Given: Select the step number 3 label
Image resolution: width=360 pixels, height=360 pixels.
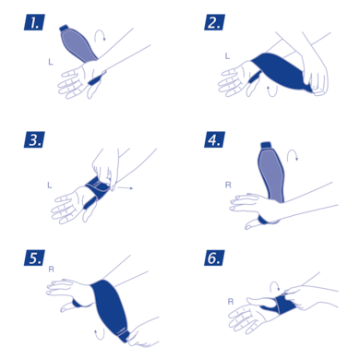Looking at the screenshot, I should tap(34, 141).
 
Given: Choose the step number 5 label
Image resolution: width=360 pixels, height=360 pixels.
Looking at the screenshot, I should tap(34, 258).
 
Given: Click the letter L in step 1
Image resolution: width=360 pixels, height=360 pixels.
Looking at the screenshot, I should tap(51, 62).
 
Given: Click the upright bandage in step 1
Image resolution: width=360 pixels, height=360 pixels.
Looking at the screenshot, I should tap(74, 42).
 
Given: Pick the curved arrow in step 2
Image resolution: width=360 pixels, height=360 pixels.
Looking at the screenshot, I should tap(270, 90).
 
